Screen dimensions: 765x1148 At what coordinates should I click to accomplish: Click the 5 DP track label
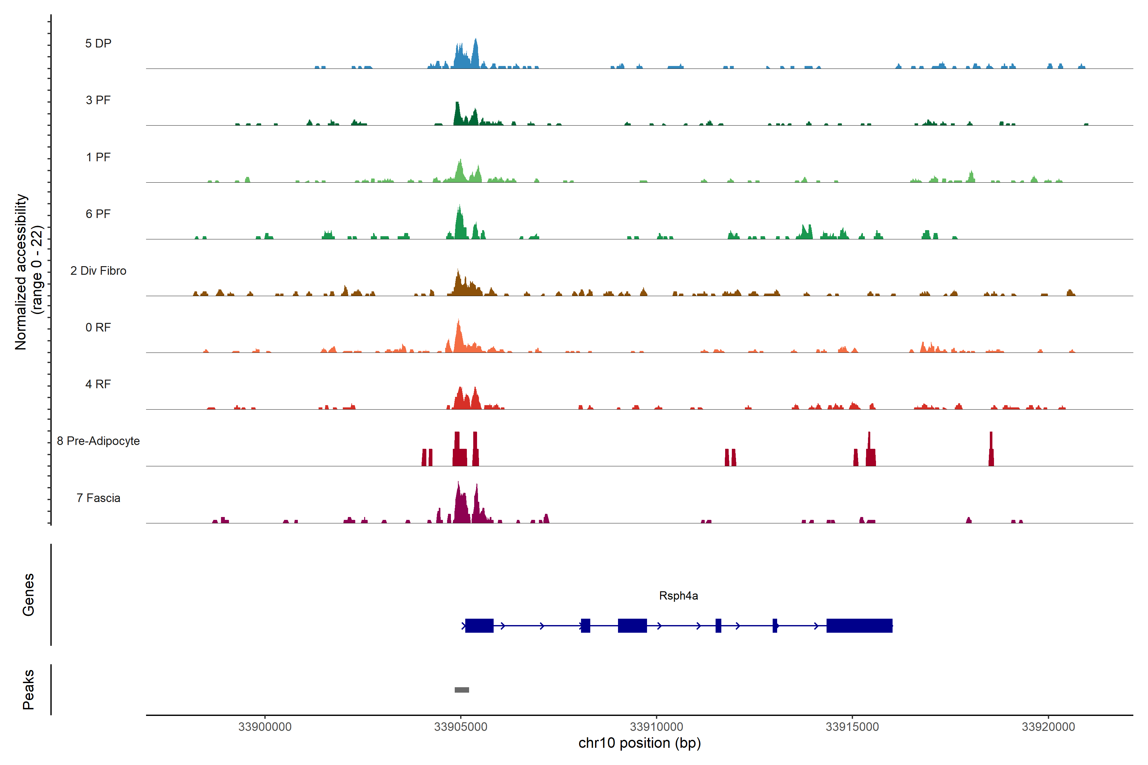(98, 43)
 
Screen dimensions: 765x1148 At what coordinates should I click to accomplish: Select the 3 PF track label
(98, 100)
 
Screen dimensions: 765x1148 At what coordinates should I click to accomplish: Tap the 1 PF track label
(98, 157)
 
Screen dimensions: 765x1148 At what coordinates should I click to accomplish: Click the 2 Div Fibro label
(98, 271)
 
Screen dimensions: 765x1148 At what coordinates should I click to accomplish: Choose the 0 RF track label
(98, 327)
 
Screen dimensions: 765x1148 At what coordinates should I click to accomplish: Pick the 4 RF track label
(98, 384)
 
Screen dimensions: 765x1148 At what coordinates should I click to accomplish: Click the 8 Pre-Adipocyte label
(98, 441)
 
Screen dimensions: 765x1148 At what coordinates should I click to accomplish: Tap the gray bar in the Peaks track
(462, 690)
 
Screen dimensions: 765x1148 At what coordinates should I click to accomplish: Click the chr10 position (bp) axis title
(639, 743)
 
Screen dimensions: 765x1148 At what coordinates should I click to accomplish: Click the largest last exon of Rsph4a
(859, 625)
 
